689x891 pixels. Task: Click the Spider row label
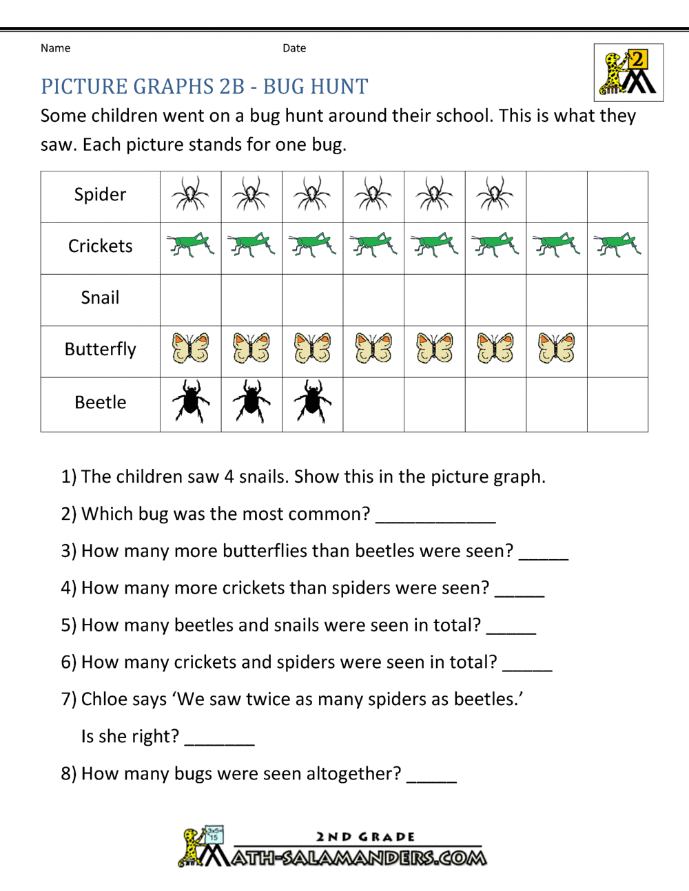100,195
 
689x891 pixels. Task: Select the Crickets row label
100,247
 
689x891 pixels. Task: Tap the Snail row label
100,298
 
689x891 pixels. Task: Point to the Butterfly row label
100,350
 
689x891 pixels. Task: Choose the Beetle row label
100,403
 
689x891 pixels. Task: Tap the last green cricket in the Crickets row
618,245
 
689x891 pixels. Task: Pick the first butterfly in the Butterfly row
191,348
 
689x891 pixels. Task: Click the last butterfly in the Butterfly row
556,348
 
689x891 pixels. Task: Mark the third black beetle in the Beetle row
313,401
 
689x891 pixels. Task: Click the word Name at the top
55,48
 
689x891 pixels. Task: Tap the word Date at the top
294,48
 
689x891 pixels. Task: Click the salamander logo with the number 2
628,72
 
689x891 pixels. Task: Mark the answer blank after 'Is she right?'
220,740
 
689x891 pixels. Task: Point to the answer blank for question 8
431,777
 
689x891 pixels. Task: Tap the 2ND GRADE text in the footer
365,837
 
